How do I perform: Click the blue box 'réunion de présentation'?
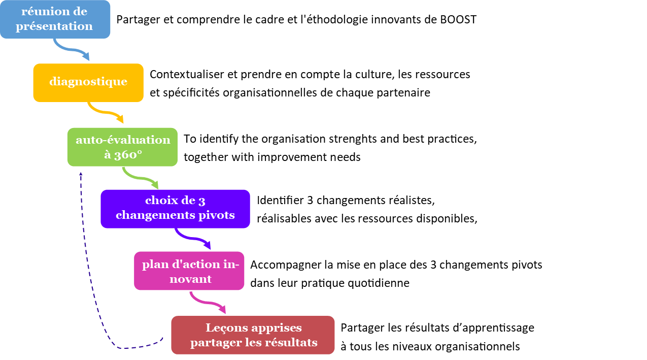[55, 19]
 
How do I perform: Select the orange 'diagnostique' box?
[88, 82]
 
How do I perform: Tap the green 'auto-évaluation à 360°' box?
[122, 147]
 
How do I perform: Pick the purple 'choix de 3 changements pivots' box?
[175, 209]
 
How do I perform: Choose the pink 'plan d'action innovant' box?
[189, 271]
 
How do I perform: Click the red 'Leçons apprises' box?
[253, 335]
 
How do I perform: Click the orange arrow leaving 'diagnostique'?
[106, 112]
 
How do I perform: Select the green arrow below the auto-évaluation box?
[140, 177]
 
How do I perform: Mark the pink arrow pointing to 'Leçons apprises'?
[208, 303]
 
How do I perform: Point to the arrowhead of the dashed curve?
[81, 174]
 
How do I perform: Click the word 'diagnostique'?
[88, 82]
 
